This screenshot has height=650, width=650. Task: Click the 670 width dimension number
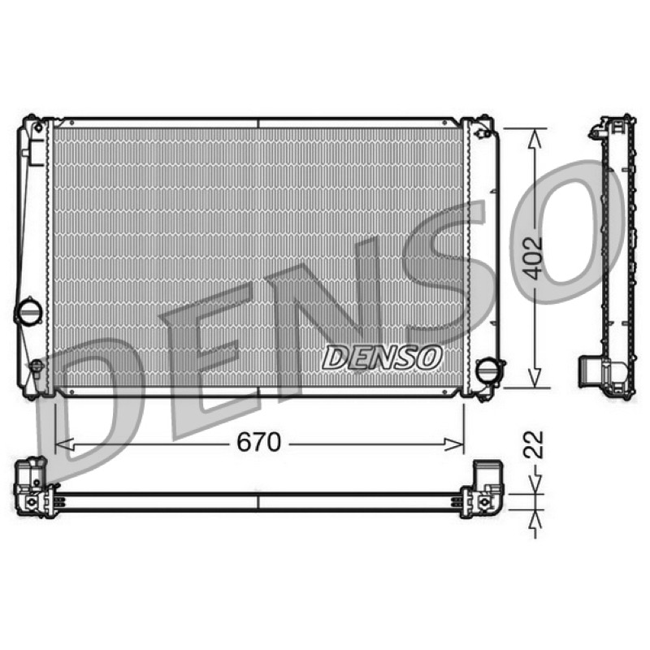click(258, 442)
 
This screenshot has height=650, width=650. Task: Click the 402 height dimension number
click(532, 258)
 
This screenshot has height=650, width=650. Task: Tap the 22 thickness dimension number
click(533, 444)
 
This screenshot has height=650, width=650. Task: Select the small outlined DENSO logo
click(381, 357)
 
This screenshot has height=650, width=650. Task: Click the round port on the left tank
click(28, 311)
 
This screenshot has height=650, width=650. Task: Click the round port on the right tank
click(489, 370)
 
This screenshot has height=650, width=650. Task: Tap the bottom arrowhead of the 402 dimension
click(535, 378)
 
